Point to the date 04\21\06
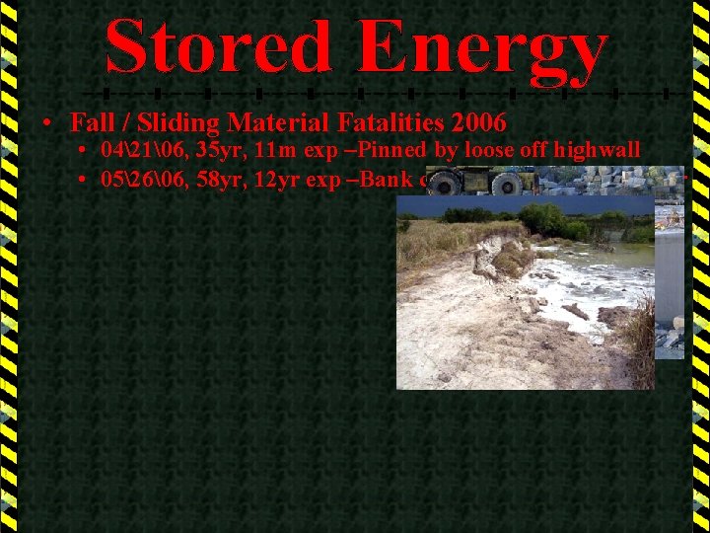pos(137,151)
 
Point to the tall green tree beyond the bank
pos(542,219)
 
